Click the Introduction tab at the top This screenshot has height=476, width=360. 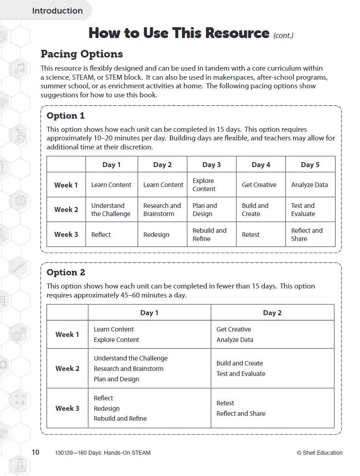(x=57, y=11)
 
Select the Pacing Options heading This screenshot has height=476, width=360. (x=82, y=54)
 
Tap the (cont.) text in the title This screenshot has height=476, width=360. (x=283, y=35)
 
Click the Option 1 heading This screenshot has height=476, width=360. (x=66, y=115)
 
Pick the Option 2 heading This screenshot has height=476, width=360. (x=66, y=272)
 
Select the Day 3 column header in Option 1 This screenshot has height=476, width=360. (x=211, y=165)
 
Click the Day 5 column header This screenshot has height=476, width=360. (x=310, y=165)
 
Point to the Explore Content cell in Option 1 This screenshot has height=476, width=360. (x=204, y=185)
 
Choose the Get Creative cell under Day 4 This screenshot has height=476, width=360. (x=259, y=185)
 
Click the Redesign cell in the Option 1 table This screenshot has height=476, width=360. (x=156, y=235)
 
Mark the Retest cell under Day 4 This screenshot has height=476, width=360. (x=250, y=235)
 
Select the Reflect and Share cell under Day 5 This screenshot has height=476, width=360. (x=307, y=235)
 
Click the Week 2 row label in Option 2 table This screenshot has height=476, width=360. (x=67, y=369)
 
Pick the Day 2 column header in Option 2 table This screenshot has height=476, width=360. (x=272, y=313)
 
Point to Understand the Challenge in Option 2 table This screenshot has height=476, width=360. (x=130, y=358)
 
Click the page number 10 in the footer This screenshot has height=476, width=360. (x=35, y=452)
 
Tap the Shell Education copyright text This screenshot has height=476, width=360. (x=319, y=452)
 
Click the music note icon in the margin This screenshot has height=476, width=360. (x=19, y=69)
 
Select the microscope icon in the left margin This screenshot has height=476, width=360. (x=19, y=135)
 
